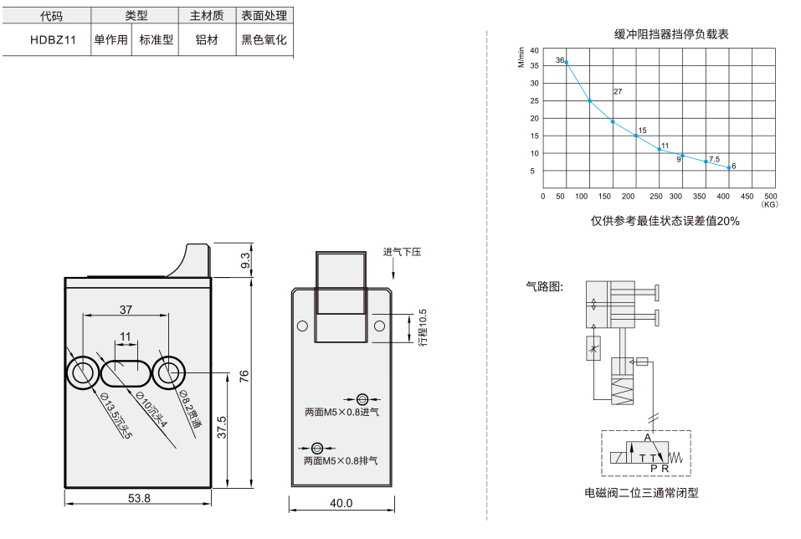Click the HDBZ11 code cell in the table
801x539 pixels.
point(53,40)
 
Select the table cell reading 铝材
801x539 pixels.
point(207,40)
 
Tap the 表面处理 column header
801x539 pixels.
point(264,16)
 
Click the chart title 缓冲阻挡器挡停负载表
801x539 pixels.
point(670,34)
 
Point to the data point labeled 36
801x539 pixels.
point(566,62)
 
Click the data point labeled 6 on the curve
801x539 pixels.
point(729,167)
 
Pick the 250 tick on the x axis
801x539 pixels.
point(656,196)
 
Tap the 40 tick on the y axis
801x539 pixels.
point(534,50)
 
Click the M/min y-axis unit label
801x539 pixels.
point(521,57)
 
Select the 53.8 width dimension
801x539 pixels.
point(139,498)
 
